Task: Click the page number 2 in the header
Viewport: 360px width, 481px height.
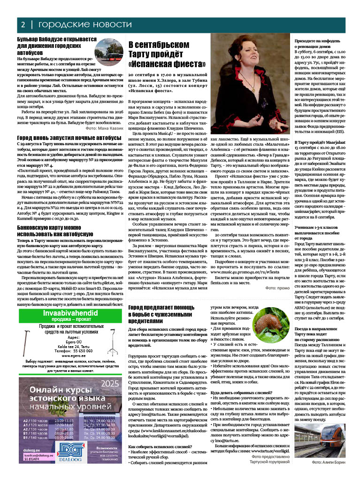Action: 22,24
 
